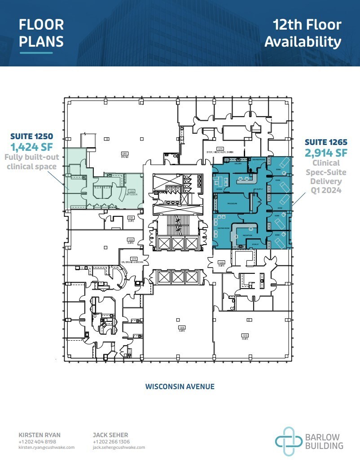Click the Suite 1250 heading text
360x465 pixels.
pyautogui.click(x=33, y=135)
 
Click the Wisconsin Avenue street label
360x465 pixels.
pyautogui.click(x=180, y=386)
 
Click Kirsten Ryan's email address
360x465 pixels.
pyautogui.click(x=47, y=447)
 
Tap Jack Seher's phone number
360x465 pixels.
pyautogui.click(x=112, y=442)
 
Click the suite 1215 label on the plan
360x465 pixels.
pyautogui.click(x=245, y=336)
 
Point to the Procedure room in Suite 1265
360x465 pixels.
pyautogui.click(x=232, y=203)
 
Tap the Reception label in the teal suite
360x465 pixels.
pyautogui.click(x=247, y=235)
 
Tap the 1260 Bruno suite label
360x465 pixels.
pyautogui.click(x=125, y=155)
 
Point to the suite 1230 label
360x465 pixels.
pyautogui.click(x=131, y=219)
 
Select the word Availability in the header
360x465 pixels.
pyautogui.click(x=303, y=42)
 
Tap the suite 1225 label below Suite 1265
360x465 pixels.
pyautogui.click(x=221, y=263)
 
